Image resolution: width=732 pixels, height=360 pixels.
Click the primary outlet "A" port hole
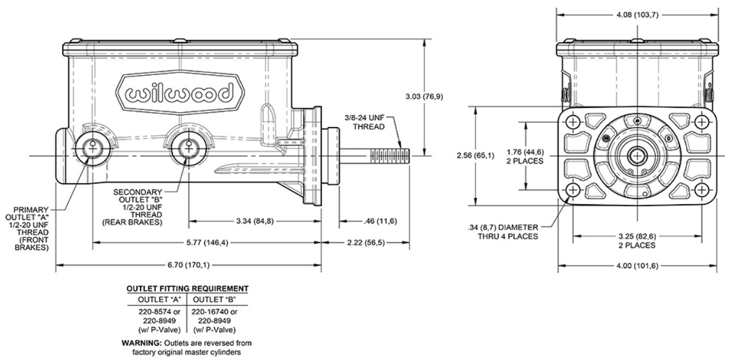93,148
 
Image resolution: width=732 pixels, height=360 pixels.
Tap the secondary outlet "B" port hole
188,148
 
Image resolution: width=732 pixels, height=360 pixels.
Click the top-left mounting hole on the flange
573,122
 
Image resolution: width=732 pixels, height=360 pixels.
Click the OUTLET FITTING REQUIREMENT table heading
188,289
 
